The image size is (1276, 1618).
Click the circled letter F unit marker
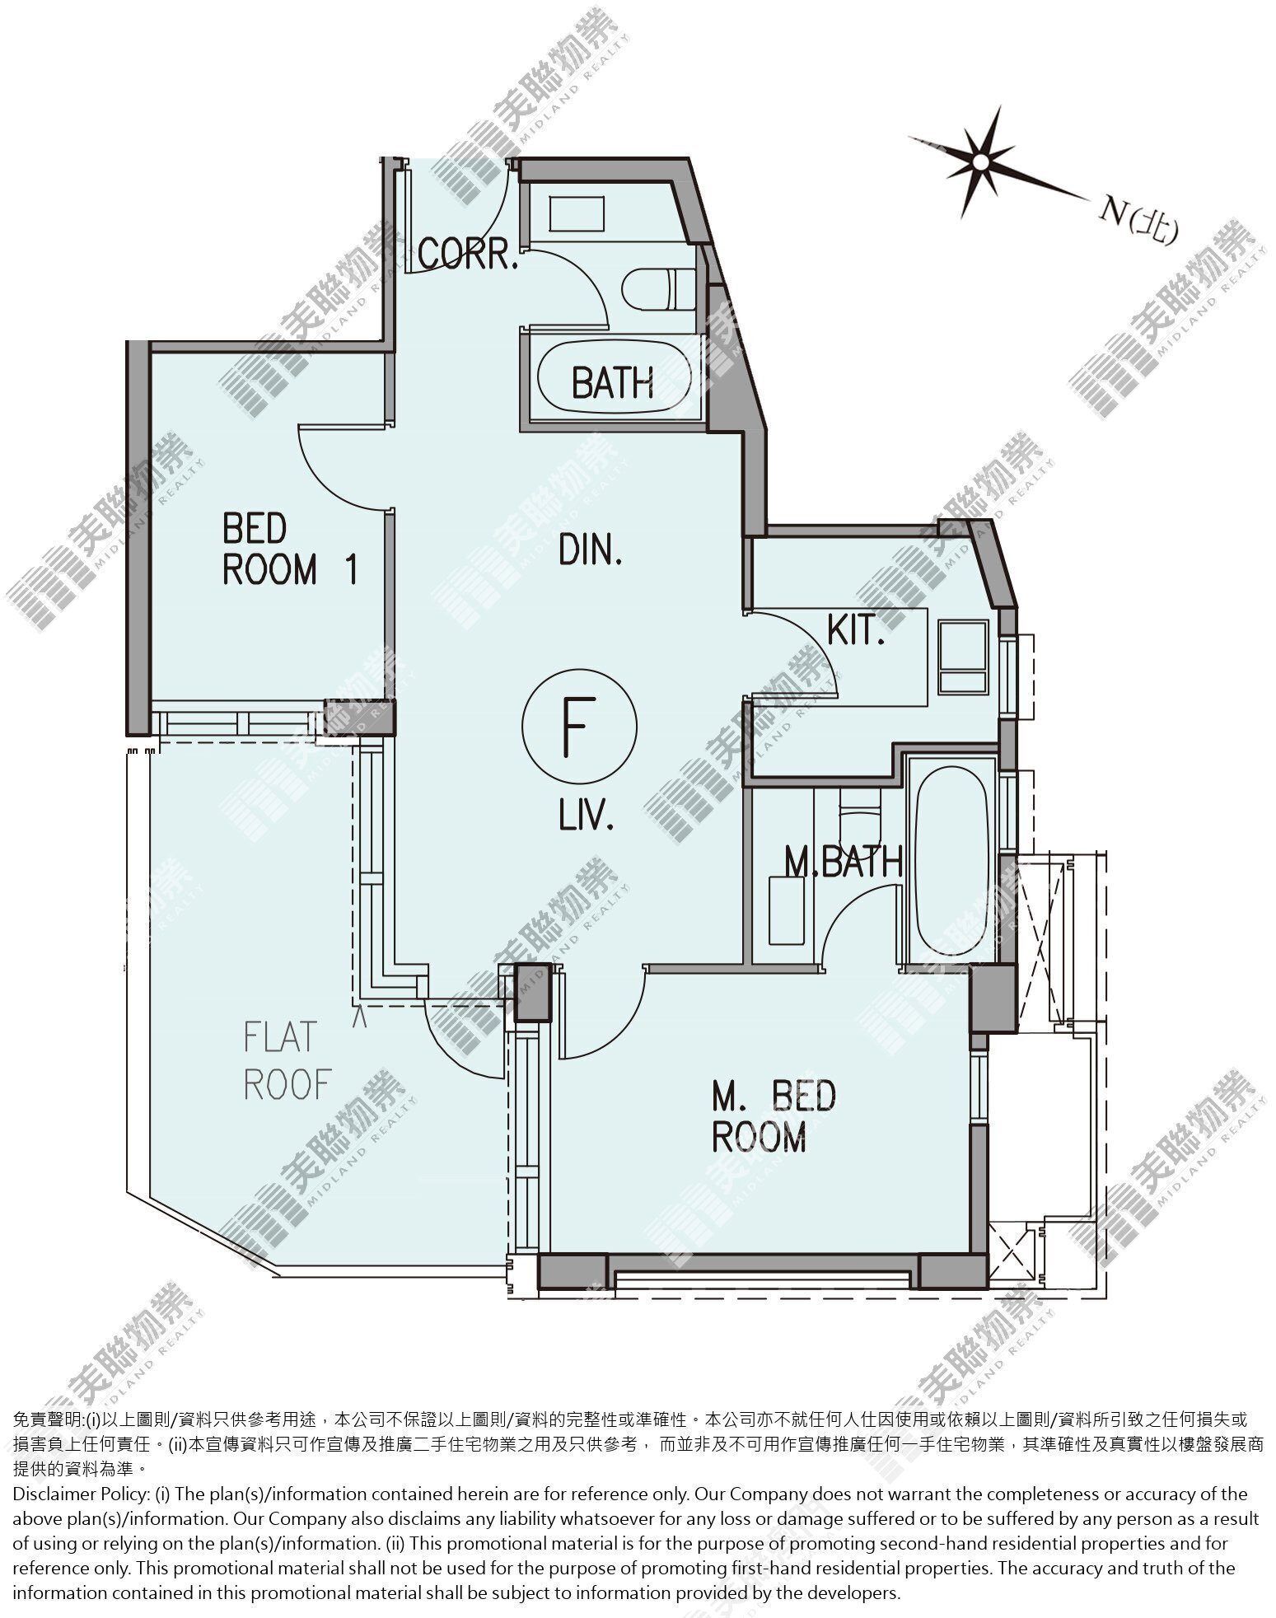pos(579,725)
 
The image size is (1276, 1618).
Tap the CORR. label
pos(468,255)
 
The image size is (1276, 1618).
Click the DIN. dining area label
pos(590,549)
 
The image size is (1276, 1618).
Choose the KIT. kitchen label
pos(855,631)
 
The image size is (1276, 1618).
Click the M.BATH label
pos(843,863)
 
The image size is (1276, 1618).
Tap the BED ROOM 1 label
pos(290,549)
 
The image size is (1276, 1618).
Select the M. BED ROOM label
pos(774,1116)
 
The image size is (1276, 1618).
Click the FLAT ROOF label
pos(287,1060)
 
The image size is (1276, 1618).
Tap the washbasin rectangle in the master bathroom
pos(786,910)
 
